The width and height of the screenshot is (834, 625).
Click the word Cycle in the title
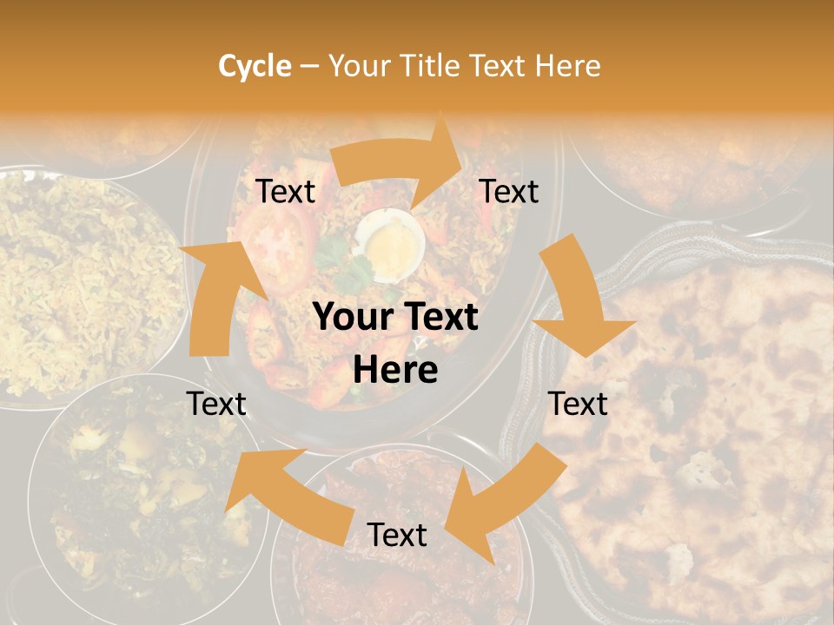click(x=255, y=66)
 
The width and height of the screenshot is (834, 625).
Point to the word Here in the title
click(x=565, y=66)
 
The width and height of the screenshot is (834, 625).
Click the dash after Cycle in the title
click(x=309, y=66)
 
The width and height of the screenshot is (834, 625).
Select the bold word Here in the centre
click(x=395, y=371)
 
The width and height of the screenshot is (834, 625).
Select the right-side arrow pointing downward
click(x=579, y=304)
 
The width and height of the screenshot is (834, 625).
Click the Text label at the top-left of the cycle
click(x=285, y=192)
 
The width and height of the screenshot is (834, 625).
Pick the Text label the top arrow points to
click(x=509, y=192)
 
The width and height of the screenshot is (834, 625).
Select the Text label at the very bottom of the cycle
click(x=397, y=536)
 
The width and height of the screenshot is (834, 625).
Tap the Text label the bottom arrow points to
click(x=217, y=404)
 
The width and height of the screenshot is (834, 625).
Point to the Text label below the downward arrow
click(x=578, y=404)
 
